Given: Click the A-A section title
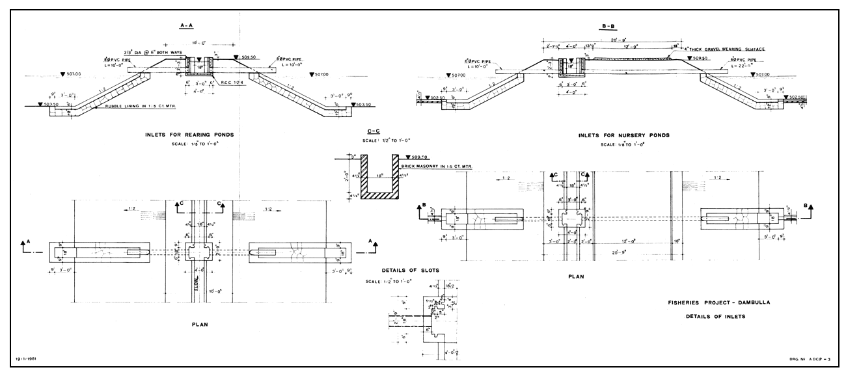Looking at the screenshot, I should click(187, 25).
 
